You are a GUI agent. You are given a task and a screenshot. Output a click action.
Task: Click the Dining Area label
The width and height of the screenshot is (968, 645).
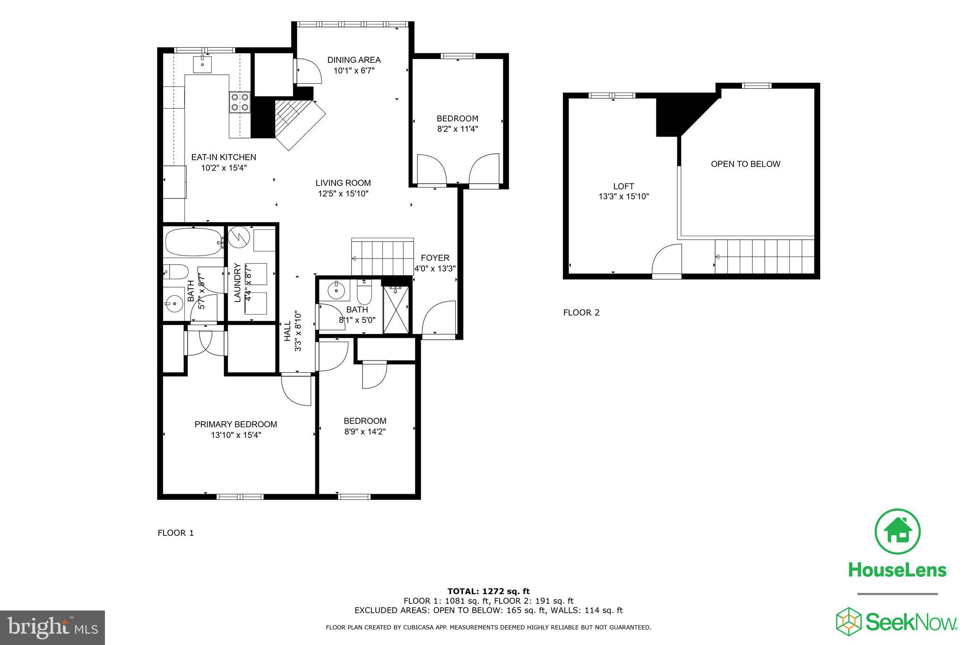(354, 60)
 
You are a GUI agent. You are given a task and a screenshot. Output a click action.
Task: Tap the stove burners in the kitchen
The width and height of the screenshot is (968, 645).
(240, 102)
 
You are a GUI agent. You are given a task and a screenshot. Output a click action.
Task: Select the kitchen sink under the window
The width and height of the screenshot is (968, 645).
(203, 64)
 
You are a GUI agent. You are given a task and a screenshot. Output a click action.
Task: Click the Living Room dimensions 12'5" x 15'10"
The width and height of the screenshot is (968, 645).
(343, 194)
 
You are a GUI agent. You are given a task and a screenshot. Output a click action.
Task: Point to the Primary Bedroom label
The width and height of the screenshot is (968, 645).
(236, 424)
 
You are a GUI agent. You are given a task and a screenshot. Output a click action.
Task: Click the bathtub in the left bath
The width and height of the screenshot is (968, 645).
(193, 242)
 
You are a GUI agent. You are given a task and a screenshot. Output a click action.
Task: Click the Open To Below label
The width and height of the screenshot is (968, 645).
(745, 164)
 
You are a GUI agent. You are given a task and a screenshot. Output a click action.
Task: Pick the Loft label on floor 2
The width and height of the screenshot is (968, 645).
(623, 186)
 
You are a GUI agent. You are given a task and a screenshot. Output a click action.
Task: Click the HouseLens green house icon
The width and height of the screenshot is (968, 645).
(897, 532)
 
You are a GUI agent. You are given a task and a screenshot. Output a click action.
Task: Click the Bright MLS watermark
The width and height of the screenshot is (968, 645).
(52, 628)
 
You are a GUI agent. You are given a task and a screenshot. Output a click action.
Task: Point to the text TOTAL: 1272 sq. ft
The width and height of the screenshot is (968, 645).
(488, 591)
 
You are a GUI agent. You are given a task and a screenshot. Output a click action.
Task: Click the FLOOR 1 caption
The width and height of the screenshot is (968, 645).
(176, 533)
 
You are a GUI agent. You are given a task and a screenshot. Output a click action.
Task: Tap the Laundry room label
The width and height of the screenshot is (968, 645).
(238, 283)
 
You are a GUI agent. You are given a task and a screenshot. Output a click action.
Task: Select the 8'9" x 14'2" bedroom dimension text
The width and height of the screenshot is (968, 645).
(365, 431)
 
